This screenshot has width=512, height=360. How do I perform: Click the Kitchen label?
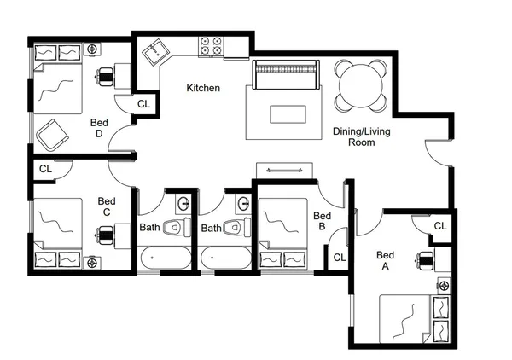click(203, 88)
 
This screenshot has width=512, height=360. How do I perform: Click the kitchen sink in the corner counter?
click(155, 53)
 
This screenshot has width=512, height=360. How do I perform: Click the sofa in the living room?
click(286, 75)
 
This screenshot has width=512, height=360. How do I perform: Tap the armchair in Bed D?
click(54, 133)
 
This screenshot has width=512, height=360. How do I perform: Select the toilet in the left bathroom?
click(176, 228)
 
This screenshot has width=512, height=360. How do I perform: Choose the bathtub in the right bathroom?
click(225, 257)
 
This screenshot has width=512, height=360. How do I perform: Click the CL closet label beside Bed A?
click(439, 226)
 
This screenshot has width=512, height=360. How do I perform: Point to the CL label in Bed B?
click(339, 257)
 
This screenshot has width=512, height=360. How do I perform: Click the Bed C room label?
click(105, 206)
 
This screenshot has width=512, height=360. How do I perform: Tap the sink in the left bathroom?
click(183, 203)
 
